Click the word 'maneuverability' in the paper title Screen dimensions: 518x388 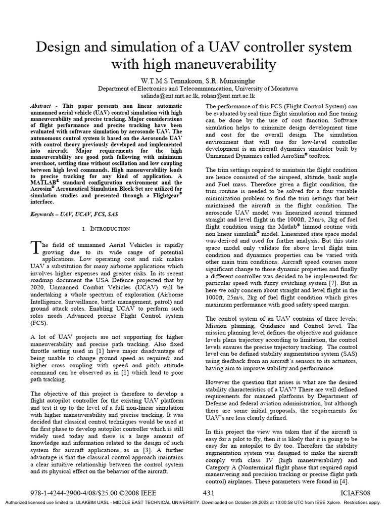pos(216,65)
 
